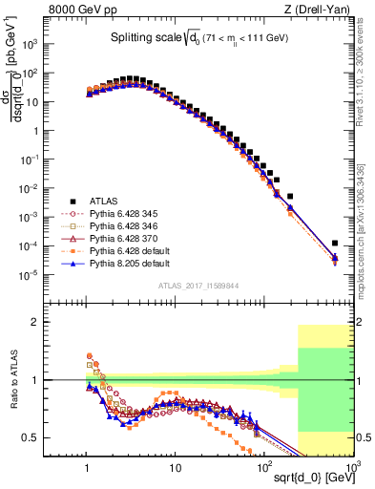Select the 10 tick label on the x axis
[175, 462]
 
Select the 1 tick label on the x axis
[88, 462]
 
